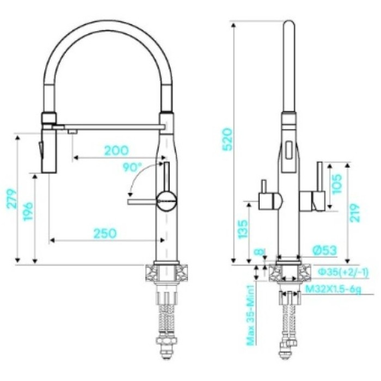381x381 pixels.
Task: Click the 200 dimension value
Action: pos(116,150)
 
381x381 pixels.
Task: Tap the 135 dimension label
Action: pos(243,230)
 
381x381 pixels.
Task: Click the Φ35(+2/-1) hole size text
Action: pos(335,272)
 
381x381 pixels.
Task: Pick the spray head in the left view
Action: pos(48,147)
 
